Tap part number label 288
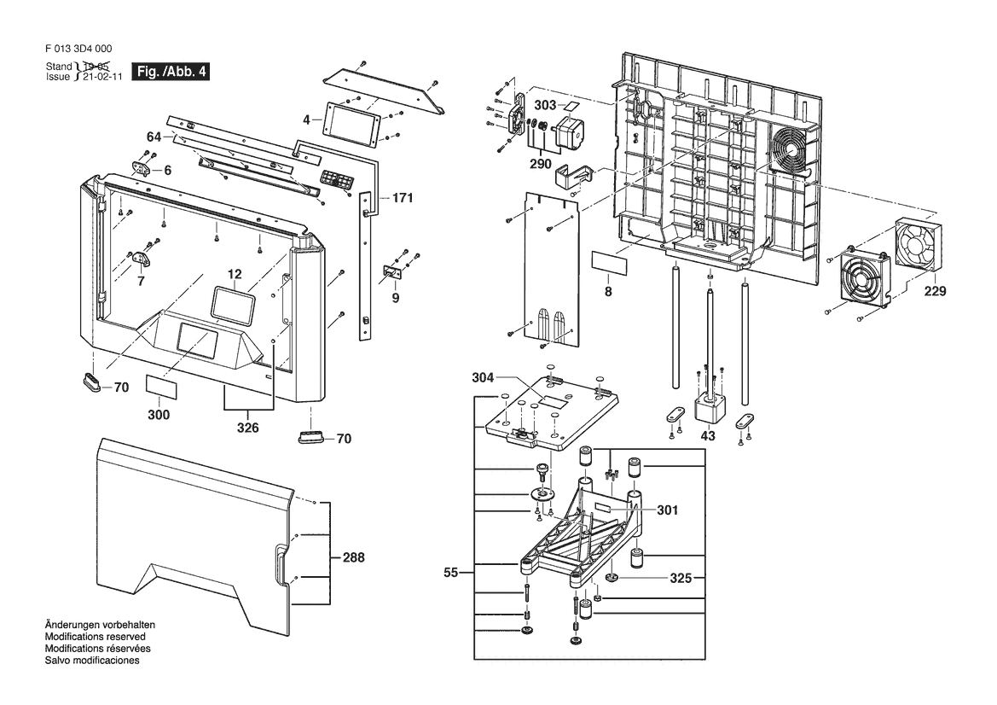(x=353, y=557)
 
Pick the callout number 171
(x=402, y=198)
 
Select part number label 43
(x=708, y=436)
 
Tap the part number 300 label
(x=159, y=415)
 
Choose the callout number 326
(x=248, y=427)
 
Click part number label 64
(x=154, y=137)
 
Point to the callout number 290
(x=539, y=163)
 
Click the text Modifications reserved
(x=95, y=637)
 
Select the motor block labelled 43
(x=709, y=408)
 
